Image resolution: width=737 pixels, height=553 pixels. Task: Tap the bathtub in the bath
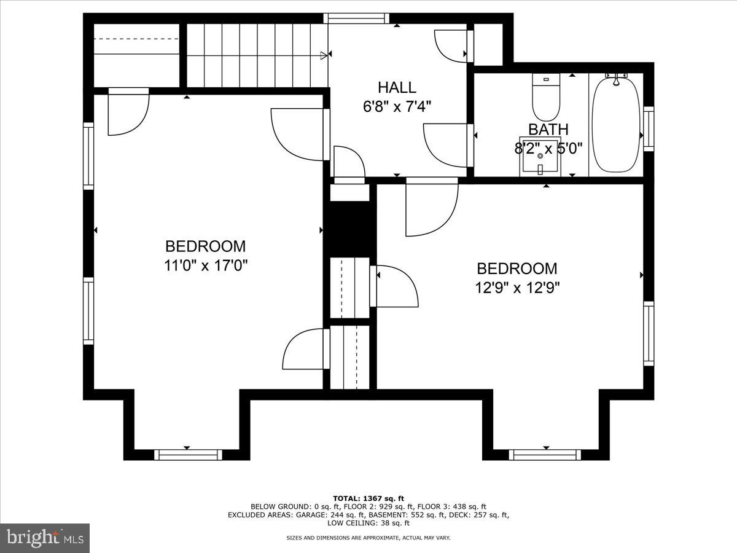[615, 124]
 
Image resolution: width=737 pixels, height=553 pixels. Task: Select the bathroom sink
[540, 157]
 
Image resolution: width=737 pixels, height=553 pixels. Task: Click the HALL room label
[397, 88]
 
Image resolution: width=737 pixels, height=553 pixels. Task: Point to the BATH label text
[548, 129]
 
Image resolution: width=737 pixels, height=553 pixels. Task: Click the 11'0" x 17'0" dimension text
[206, 265]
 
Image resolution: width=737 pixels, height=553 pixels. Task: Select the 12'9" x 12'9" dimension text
[518, 287]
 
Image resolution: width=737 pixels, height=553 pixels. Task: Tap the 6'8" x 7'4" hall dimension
[397, 107]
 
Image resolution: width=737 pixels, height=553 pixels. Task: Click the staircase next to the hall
[255, 55]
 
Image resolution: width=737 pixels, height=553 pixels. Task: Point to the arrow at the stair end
[324, 56]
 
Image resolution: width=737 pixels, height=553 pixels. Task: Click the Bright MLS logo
[45, 538]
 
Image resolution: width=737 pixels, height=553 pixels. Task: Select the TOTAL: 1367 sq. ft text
[368, 498]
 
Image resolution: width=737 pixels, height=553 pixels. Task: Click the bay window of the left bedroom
[187, 455]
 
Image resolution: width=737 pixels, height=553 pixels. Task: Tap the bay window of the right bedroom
[545, 455]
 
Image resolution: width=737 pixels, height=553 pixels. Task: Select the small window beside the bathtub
[648, 128]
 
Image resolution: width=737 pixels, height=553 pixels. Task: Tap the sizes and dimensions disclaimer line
[368, 538]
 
